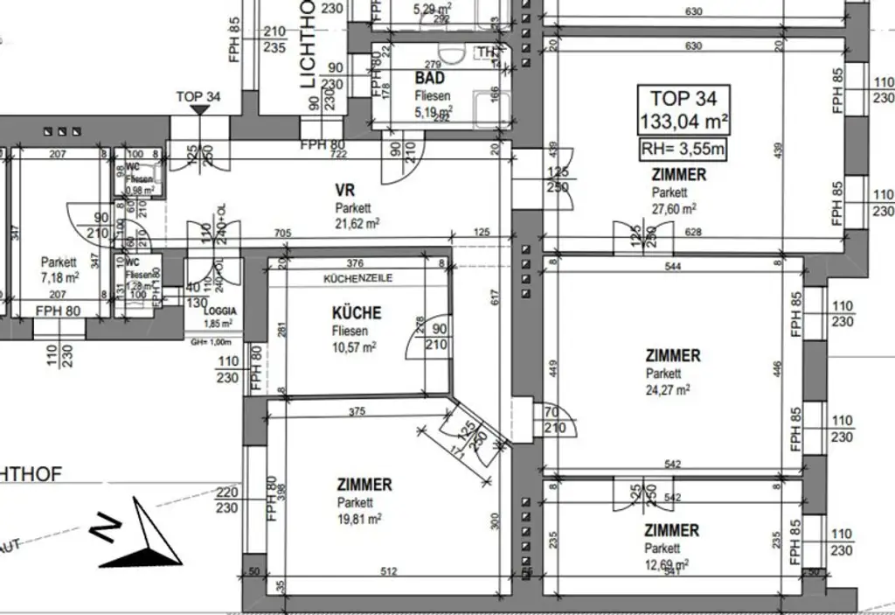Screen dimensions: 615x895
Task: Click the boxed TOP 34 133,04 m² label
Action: pyautogui.click(x=683, y=108)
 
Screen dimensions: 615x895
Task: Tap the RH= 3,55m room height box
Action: pyautogui.click(x=683, y=149)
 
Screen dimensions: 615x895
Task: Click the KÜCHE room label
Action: pyautogui.click(x=356, y=313)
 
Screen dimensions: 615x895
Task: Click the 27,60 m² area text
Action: pyautogui.click(x=674, y=208)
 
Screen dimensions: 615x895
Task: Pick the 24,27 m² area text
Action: pyautogui.click(x=667, y=389)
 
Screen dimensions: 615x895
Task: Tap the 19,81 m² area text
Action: pyautogui.click(x=359, y=517)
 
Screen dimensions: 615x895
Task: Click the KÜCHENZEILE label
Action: pyautogui.click(x=357, y=277)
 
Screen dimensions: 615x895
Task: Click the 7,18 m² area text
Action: pyautogui.click(x=59, y=277)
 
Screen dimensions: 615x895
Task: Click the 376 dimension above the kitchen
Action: pyautogui.click(x=354, y=263)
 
